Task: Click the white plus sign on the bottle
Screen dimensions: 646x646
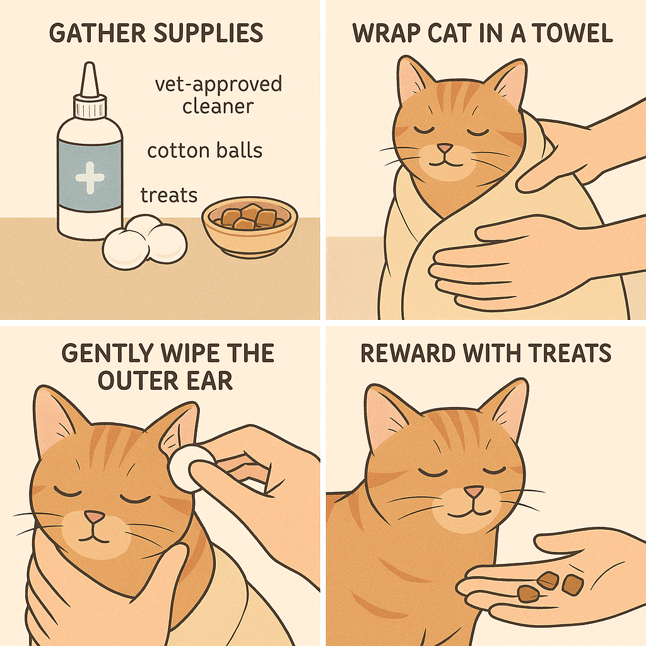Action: coord(90,176)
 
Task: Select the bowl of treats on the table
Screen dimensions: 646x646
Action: coord(249,223)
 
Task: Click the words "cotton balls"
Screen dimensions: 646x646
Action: coord(205,151)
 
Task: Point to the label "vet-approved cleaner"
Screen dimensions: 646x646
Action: coord(218,95)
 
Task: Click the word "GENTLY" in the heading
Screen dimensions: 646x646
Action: coord(109,353)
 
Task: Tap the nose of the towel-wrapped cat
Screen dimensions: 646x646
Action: coord(445,148)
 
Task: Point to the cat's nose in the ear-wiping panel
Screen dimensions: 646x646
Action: coord(95,517)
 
